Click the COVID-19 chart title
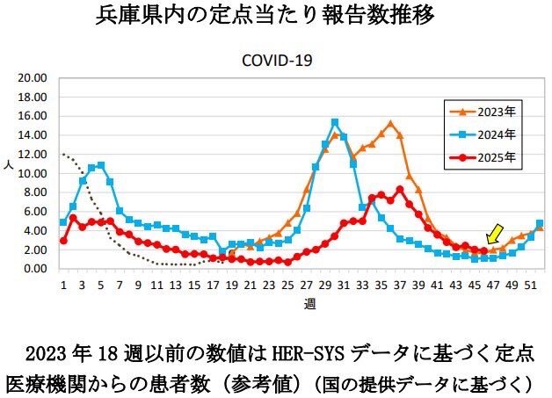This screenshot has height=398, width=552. point(278,61)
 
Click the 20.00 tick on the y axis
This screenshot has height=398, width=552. point(33,77)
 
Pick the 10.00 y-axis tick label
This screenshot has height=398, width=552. point(33,173)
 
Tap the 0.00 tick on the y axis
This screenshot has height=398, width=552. point(35,269)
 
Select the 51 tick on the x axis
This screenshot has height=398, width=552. point(530,286)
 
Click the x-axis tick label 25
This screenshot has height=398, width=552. point(287,286)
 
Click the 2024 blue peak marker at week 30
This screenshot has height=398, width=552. point(335,123)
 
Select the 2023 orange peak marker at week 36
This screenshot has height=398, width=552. point(390,124)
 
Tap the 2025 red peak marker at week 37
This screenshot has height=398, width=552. point(400,190)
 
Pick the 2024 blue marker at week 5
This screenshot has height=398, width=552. point(101,165)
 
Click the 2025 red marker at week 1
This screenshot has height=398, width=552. point(63,240)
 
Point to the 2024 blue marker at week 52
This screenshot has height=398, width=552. point(540,223)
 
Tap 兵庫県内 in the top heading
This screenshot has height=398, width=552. point(132,17)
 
